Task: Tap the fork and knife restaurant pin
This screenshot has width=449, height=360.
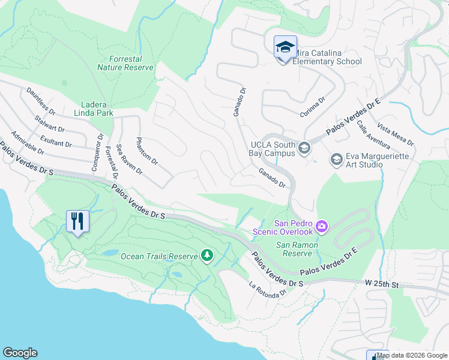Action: (x=78, y=221)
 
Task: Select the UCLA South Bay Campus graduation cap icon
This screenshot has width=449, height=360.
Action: (x=304, y=148)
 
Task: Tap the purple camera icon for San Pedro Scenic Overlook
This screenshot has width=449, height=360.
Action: (x=322, y=226)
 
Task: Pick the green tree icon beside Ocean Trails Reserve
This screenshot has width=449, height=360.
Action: (x=207, y=256)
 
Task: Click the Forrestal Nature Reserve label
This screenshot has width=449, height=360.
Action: (x=126, y=64)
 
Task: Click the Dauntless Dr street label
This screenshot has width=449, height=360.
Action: (x=41, y=102)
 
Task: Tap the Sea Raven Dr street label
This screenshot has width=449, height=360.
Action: (x=130, y=159)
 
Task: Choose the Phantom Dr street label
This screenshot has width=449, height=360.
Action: (x=147, y=152)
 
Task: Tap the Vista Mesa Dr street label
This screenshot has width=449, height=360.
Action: (x=396, y=134)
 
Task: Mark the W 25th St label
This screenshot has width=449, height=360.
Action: (x=381, y=283)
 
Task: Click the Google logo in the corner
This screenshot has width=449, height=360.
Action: (x=20, y=353)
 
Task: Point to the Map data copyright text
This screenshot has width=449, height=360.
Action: (x=412, y=355)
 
